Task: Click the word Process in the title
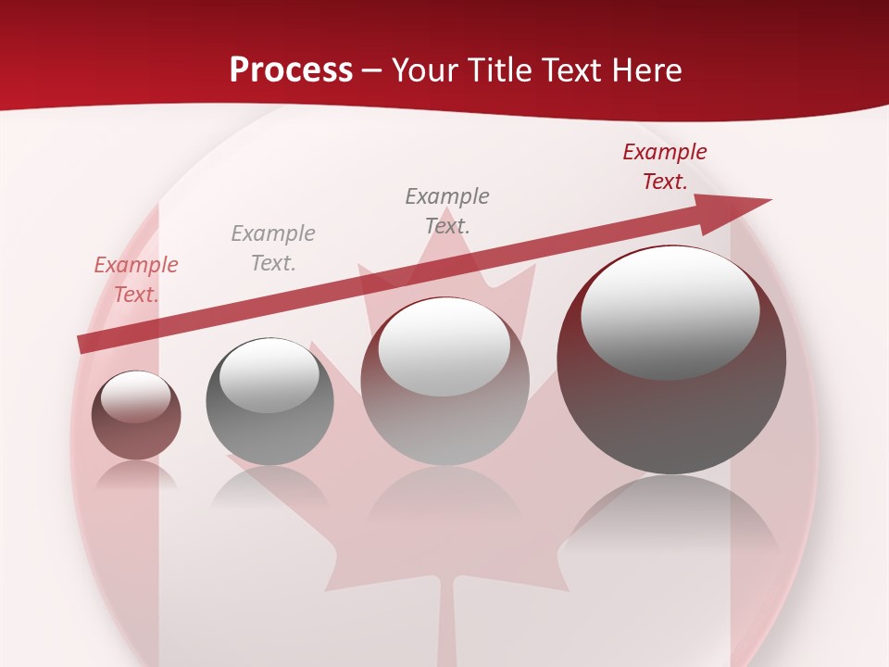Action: (291, 69)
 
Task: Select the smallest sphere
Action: (136, 415)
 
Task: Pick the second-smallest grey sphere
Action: (269, 401)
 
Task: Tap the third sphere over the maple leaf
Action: (444, 381)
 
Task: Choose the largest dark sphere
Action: (671, 371)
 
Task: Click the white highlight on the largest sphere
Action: (670, 312)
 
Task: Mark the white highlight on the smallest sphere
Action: (136, 396)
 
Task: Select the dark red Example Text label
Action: (665, 167)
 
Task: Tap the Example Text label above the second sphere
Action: (273, 248)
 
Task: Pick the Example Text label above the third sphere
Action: (447, 210)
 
